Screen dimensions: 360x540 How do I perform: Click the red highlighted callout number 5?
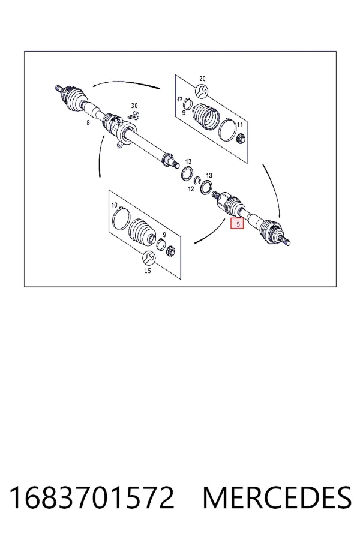(238, 224)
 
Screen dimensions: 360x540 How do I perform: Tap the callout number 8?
(88, 122)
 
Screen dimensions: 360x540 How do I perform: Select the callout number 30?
(134, 106)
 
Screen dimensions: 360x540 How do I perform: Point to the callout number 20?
(203, 79)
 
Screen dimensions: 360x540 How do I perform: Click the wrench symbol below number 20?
(202, 91)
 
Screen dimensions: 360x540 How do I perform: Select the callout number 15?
(148, 271)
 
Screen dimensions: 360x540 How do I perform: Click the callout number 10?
(115, 205)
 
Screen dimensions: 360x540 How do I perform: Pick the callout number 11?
(240, 124)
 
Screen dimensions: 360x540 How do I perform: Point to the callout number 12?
(191, 189)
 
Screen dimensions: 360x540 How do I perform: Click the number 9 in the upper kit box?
(184, 113)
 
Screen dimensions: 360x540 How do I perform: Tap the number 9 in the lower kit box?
(164, 235)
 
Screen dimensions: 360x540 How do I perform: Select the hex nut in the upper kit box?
(241, 139)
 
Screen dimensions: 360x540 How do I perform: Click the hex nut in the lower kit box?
(170, 252)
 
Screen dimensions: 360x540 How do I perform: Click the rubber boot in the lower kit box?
(143, 232)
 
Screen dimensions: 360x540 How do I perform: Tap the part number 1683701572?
(92, 497)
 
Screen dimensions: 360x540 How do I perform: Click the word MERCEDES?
(277, 497)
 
